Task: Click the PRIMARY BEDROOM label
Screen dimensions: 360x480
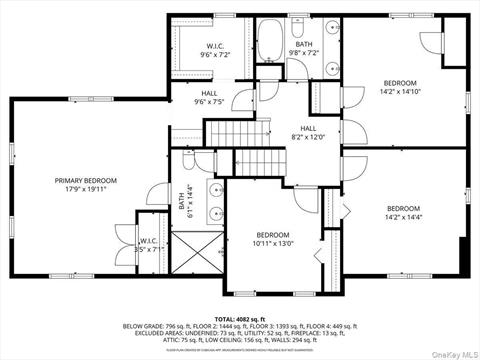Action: coord(85,180)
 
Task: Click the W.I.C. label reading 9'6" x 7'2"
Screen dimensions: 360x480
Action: coord(215,50)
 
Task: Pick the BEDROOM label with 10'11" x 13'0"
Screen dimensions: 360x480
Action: coord(271,239)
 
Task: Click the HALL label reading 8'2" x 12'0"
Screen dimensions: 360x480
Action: coord(309,133)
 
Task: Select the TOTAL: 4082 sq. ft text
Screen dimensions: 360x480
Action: coord(240,317)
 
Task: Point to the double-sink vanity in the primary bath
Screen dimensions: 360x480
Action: coord(214,201)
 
